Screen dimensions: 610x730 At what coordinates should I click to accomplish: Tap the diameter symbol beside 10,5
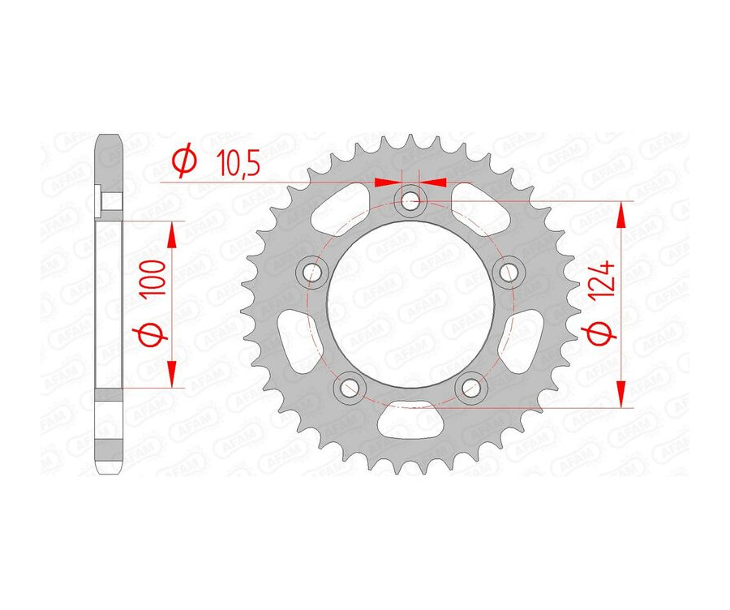pos(184,162)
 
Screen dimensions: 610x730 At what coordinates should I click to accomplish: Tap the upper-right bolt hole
pos(509,271)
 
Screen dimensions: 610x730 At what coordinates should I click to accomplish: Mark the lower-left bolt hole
pos(349,387)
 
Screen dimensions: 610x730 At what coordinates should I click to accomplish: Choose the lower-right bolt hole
pos(470,387)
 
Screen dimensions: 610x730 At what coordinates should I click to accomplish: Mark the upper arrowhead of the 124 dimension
pos(623,215)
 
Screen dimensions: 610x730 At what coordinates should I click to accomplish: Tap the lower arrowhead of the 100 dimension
pos(172,375)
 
